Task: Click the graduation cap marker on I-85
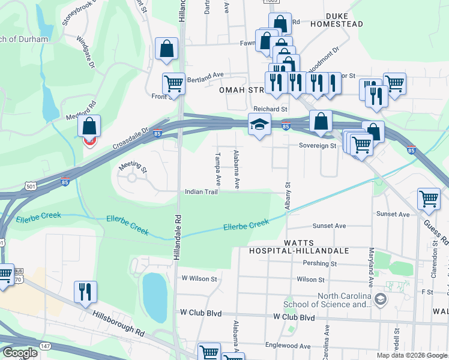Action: click(x=259, y=125)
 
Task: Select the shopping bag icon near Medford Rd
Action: click(x=89, y=127)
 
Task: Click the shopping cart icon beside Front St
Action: click(x=173, y=83)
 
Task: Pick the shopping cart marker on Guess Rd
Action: click(x=429, y=199)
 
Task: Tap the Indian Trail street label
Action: click(x=201, y=192)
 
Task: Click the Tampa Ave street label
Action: click(x=218, y=172)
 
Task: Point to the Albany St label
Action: click(x=288, y=196)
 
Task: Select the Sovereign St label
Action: click(x=318, y=145)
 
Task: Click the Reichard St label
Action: click(x=270, y=109)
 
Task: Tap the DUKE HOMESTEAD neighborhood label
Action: click(x=336, y=24)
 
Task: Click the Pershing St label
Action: click(x=319, y=263)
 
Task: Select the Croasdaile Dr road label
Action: click(x=130, y=139)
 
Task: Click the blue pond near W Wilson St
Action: click(x=154, y=296)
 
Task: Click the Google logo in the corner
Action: click(x=19, y=353)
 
